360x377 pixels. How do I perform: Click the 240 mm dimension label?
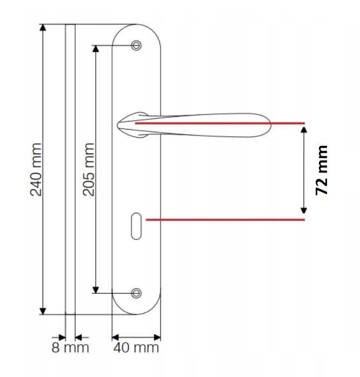point(36,169)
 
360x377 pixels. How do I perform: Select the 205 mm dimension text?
point(89,169)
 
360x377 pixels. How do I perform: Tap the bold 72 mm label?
point(322,170)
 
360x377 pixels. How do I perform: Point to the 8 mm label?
point(70,348)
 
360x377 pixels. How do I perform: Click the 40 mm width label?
point(136,348)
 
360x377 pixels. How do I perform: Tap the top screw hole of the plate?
point(136,45)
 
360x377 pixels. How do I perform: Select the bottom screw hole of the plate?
point(136,293)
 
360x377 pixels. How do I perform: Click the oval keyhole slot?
point(136,226)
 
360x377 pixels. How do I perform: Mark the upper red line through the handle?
point(220,123)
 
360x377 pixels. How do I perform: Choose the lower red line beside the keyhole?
point(225,220)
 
